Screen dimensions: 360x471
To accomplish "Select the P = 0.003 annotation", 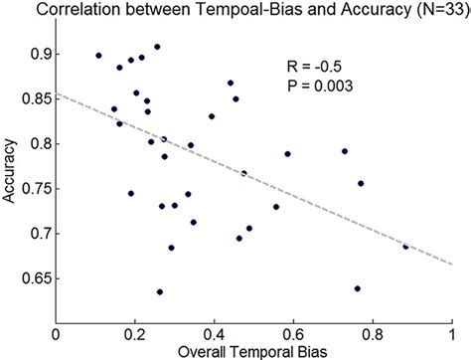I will click(313, 86).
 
